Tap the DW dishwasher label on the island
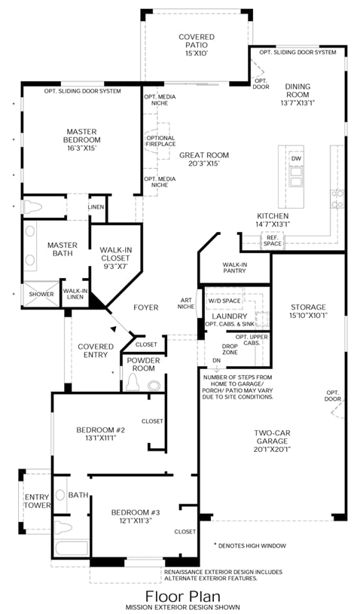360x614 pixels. click(296, 159)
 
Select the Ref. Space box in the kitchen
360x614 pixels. click(272, 240)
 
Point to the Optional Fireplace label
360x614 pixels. click(161, 141)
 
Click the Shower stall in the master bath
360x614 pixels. click(41, 294)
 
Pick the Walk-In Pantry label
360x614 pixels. click(235, 267)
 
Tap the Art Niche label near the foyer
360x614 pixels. click(186, 304)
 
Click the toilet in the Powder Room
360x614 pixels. click(133, 382)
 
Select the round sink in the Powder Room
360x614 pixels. click(154, 386)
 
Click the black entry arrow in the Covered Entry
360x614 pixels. click(114, 329)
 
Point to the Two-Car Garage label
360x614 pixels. click(273, 441)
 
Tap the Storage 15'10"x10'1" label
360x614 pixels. click(308, 311)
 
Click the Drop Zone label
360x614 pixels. click(230, 350)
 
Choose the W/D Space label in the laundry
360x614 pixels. click(224, 301)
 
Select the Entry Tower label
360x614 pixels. click(38, 501)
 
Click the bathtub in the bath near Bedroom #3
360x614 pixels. click(72, 548)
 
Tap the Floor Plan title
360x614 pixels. click(183, 597)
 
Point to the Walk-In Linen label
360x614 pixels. click(75, 294)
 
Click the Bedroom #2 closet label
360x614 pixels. click(152, 421)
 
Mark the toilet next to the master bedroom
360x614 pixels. click(33, 206)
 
